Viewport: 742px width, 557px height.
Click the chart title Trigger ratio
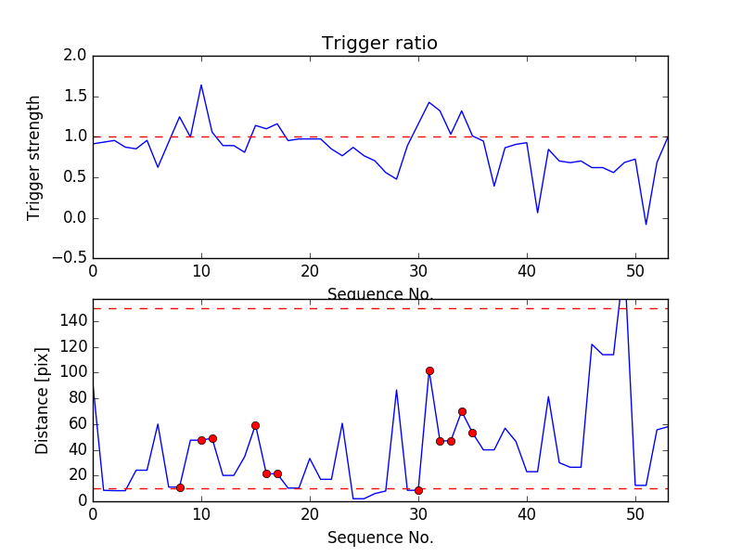pyautogui.click(x=379, y=44)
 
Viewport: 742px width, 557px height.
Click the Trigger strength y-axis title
pyautogui.click(x=34, y=157)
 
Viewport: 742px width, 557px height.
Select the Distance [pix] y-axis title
pyautogui.click(x=42, y=400)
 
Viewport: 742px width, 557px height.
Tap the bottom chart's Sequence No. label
pyautogui.click(x=379, y=538)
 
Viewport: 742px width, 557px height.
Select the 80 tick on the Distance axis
pyautogui.click(x=77, y=398)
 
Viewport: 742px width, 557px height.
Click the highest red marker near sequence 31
pyautogui.click(x=429, y=370)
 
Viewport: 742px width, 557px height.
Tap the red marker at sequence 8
pyautogui.click(x=180, y=487)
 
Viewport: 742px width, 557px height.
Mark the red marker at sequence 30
pyautogui.click(x=418, y=490)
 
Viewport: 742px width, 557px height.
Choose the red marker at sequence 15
pyautogui.click(x=255, y=425)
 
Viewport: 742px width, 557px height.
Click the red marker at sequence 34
pyautogui.click(x=462, y=411)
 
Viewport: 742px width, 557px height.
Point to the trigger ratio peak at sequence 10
pyautogui.click(x=201, y=85)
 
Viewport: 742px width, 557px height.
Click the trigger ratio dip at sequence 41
pyautogui.click(x=538, y=213)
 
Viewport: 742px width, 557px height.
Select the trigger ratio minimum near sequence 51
pyautogui.click(x=646, y=224)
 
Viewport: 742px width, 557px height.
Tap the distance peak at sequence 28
pyautogui.click(x=397, y=390)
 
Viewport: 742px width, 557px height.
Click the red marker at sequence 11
pyautogui.click(x=212, y=438)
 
